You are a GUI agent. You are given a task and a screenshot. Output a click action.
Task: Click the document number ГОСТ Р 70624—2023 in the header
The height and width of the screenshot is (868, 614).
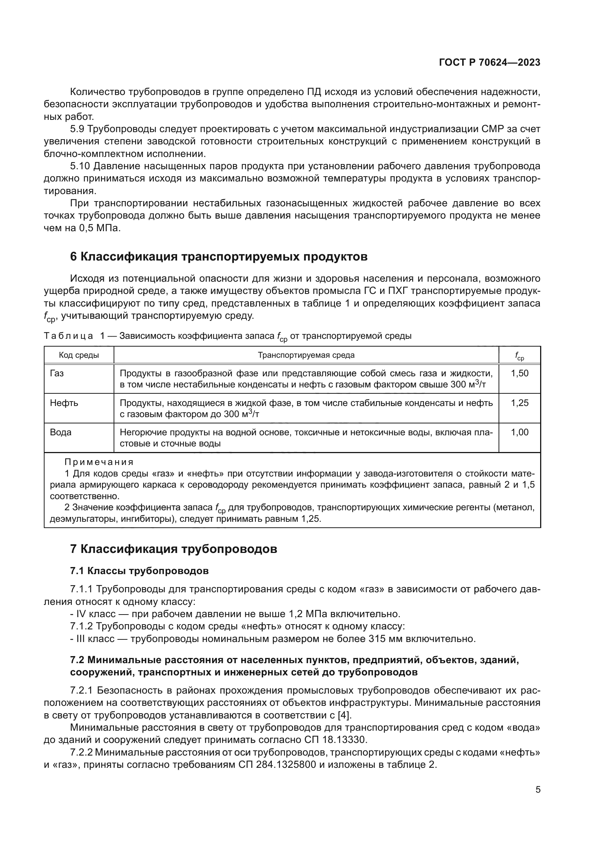(x=490, y=63)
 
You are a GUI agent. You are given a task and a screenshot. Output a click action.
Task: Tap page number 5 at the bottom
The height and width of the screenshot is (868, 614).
(x=538, y=790)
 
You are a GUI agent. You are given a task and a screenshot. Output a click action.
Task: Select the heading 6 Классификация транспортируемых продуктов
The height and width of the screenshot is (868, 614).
(x=219, y=256)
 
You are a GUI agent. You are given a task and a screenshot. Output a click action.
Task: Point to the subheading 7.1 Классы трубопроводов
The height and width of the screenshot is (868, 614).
(x=139, y=570)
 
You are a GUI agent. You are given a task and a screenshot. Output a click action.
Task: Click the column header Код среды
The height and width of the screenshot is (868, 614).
(x=79, y=355)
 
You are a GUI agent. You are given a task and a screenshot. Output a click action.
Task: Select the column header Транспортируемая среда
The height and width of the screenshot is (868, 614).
(x=306, y=355)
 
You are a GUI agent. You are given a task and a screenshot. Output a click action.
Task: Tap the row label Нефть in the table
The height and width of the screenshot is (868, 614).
(x=64, y=403)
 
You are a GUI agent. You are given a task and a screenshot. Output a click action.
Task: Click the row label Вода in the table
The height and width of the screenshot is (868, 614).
(x=61, y=432)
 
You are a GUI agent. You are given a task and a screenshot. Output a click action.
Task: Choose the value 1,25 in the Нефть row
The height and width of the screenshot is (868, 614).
(x=519, y=403)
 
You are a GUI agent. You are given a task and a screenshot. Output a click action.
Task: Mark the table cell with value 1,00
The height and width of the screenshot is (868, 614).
(x=519, y=432)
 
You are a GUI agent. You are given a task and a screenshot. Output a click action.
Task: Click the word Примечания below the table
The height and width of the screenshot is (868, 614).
(x=99, y=462)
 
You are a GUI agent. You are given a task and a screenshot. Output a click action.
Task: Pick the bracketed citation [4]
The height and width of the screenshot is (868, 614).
(x=344, y=715)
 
